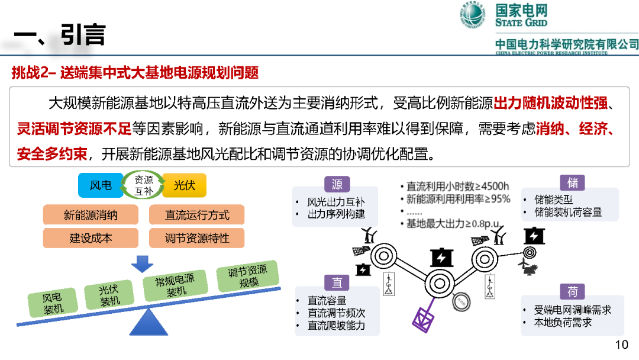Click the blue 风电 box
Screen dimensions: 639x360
tap(100, 185)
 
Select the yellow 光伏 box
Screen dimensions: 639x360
tap(184, 185)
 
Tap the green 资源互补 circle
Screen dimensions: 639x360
tap(143, 185)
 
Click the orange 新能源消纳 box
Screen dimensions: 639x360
tap(91, 215)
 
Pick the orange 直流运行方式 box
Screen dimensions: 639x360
tap(197, 215)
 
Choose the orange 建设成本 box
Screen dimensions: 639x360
tap(91, 238)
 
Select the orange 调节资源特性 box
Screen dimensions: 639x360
tap(197, 238)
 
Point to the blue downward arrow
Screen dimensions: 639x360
tap(142, 263)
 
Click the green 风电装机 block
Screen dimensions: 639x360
tap(53, 303)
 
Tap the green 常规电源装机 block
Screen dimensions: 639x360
tap(175, 285)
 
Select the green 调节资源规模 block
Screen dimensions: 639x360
tap(248, 276)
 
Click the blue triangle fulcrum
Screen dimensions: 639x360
tap(149, 322)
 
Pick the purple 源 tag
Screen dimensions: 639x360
tap(337, 184)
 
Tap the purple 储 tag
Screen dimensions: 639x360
tap(573, 182)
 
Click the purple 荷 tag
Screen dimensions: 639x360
tap(573, 291)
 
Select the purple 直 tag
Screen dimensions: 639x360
tap(337, 282)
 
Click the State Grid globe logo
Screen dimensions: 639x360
tap(473, 14)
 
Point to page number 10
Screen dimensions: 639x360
tap(621, 345)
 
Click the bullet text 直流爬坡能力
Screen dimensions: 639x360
tap(336, 325)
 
